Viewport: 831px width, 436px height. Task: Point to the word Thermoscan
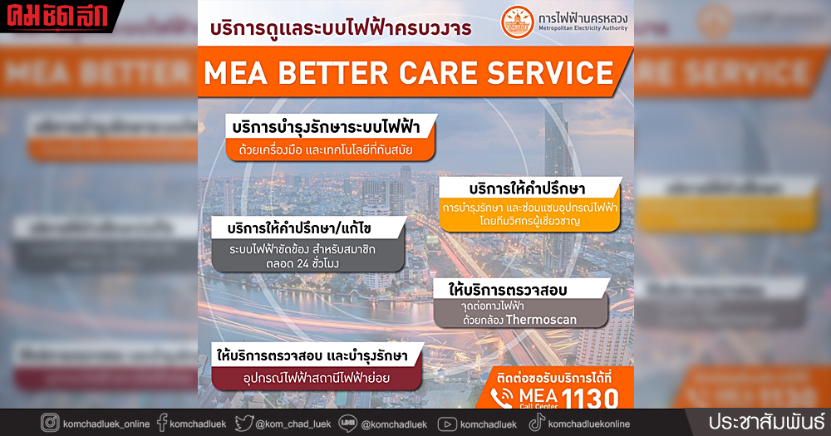point(541,320)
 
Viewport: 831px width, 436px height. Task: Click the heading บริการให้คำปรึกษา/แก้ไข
point(308,227)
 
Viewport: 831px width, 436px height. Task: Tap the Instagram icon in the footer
point(51,424)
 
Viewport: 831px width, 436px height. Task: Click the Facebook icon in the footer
point(161,424)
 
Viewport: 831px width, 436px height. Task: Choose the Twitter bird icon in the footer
point(243,424)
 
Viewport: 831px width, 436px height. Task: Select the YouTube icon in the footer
point(446,424)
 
